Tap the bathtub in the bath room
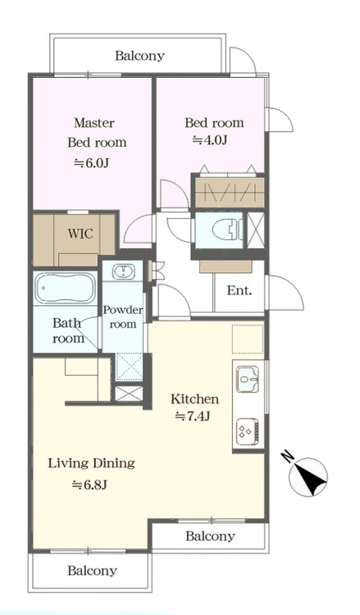[66, 288]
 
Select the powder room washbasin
[124, 271]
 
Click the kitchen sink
[248, 380]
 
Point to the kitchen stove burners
[248, 431]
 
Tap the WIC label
[81, 234]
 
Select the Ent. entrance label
[239, 291]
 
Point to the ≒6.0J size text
[92, 163]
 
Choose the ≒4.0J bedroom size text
[210, 140]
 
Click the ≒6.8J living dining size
[89, 485]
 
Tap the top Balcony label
[139, 56]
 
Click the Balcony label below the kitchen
[210, 535]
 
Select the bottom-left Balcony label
[92, 570]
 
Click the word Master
[94, 123]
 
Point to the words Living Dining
[91, 463]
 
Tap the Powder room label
[123, 317]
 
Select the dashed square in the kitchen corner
[248, 339]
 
